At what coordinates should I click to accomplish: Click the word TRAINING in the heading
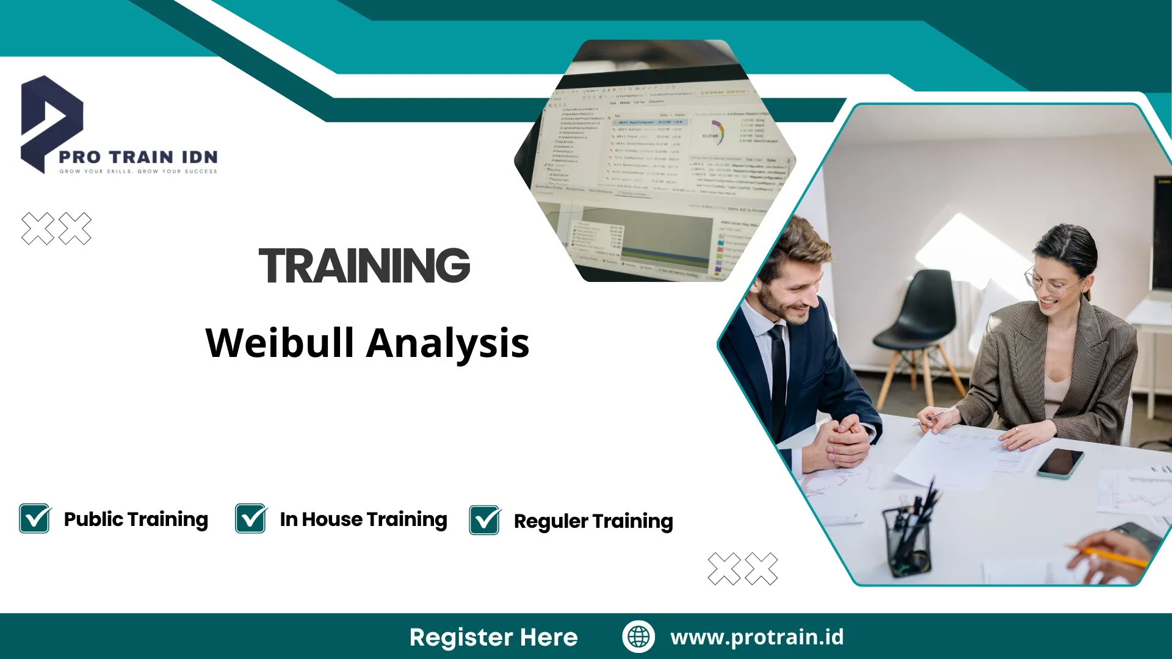tap(364, 266)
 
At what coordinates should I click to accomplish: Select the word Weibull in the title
tap(280, 343)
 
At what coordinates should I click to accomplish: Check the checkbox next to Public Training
tap(35, 519)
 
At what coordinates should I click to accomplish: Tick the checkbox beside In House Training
tap(251, 519)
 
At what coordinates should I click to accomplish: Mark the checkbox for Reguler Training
tap(485, 520)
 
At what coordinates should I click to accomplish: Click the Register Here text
tap(493, 637)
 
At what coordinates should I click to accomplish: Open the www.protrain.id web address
tap(757, 637)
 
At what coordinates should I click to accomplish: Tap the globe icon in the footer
tap(638, 637)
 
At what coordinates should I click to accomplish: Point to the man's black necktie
tap(778, 378)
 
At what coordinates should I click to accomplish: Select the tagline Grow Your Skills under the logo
tap(138, 171)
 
